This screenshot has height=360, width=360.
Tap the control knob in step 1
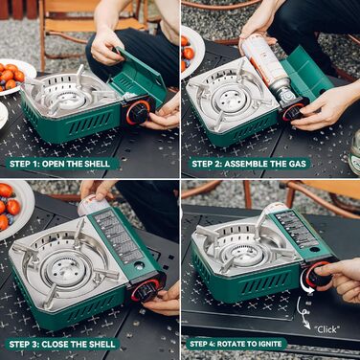(x=139, y=113)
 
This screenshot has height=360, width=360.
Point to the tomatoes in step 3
(x=10, y=205)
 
